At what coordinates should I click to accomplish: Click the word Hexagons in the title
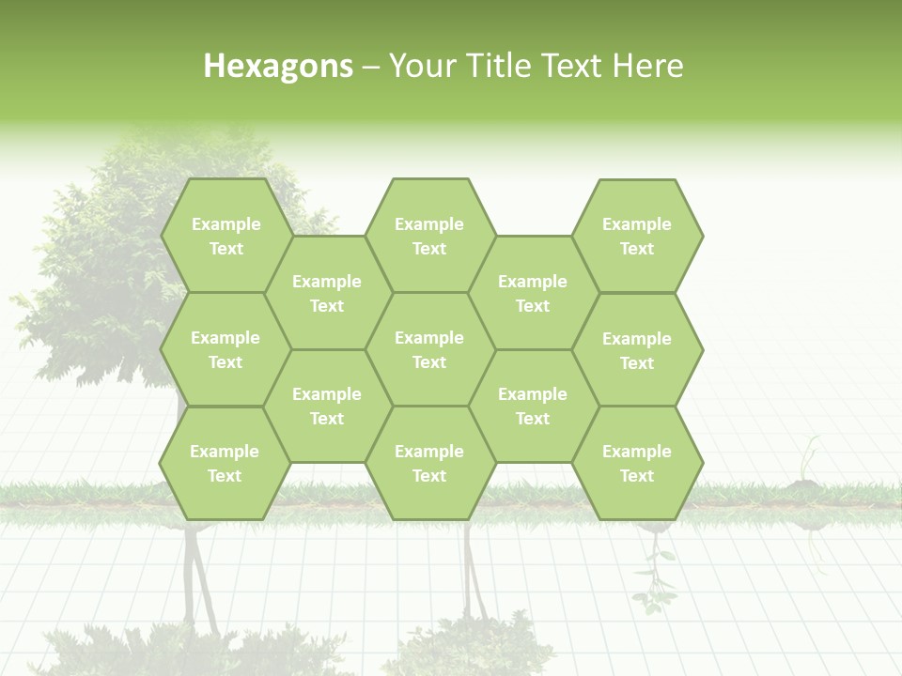click(278, 67)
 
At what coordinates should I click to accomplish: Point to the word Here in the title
click(648, 67)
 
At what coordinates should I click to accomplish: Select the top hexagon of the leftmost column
click(225, 236)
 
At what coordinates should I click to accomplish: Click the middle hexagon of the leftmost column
click(225, 349)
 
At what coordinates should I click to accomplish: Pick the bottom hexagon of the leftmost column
click(225, 463)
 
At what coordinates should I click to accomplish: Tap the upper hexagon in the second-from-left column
click(327, 293)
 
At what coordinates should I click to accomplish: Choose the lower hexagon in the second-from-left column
click(327, 406)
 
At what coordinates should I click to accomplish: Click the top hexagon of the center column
click(429, 236)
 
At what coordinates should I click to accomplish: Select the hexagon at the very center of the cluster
click(429, 349)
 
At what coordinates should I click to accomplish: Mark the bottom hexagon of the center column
click(429, 463)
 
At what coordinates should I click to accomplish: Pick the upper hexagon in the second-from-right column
click(533, 293)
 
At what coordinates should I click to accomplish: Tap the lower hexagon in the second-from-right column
click(533, 406)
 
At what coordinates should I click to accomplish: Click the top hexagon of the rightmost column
click(637, 236)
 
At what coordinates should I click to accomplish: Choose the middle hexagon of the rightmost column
click(637, 350)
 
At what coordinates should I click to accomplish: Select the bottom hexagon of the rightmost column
click(637, 463)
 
